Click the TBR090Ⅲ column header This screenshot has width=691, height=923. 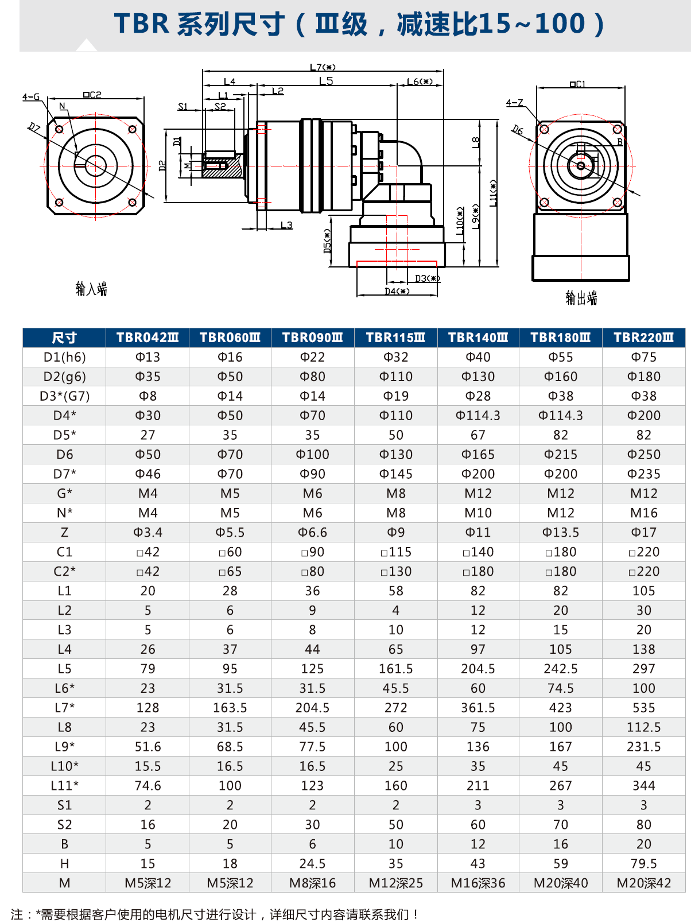tap(312, 338)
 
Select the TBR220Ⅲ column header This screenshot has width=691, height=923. tap(643, 338)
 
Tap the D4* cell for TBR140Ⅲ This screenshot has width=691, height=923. tap(478, 416)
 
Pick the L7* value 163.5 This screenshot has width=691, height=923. tap(230, 708)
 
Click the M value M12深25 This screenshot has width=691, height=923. tap(395, 883)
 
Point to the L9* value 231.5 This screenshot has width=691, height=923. tap(643, 747)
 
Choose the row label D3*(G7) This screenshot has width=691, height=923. tap(64, 396)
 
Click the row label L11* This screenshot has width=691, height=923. tap(64, 786)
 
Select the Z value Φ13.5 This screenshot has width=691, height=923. tap(560, 533)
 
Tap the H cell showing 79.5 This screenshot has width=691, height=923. tap(643, 864)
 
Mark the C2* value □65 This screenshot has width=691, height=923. tap(230, 572)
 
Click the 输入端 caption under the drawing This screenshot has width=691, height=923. tap(91, 289)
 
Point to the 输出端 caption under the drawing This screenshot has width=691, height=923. tap(581, 297)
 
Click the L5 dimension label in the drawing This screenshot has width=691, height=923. tap(326, 82)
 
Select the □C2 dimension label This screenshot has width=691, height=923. tap(92, 95)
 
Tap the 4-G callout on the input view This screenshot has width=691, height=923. tap(31, 97)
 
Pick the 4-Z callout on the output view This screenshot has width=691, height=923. tap(514, 103)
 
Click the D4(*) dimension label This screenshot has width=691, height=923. tap(397, 292)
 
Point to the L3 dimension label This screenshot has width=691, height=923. tap(286, 225)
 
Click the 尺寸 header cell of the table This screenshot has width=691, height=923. tap(64, 338)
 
